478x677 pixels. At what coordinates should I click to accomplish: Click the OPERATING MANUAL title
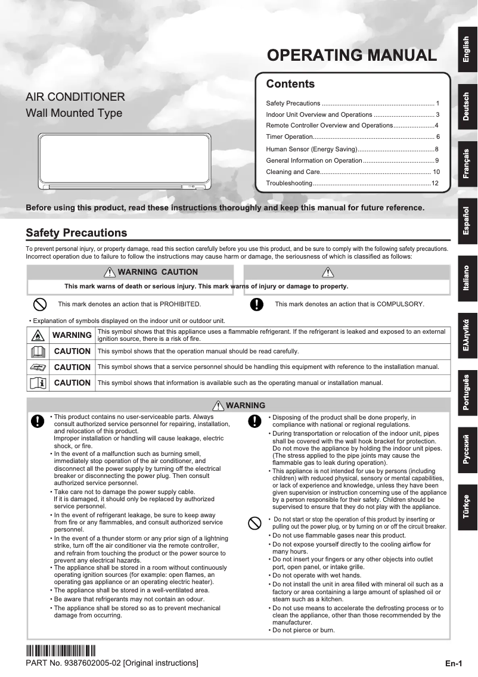(352, 56)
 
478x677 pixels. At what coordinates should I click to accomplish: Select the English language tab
(467, 50)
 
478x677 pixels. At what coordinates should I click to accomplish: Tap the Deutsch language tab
(467, 107)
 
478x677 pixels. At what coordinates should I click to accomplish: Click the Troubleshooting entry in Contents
(352, 183)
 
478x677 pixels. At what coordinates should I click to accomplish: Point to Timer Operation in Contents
(352, 137)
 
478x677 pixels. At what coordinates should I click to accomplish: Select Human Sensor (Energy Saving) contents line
(352, 149)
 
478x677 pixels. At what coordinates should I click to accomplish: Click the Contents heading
(290, 84)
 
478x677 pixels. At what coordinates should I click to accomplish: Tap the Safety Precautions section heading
(76, 233)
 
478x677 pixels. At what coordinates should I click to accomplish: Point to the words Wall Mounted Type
(74, 113)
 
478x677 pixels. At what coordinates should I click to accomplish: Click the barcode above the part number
(61, 651)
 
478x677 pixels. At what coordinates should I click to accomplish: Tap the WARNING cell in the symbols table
(72, 335)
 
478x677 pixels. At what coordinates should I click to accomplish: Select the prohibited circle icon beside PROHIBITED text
(39, 304)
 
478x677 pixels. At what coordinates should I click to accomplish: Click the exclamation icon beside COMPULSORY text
(256, 304)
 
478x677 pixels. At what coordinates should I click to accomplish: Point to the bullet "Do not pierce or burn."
(303, 630)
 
